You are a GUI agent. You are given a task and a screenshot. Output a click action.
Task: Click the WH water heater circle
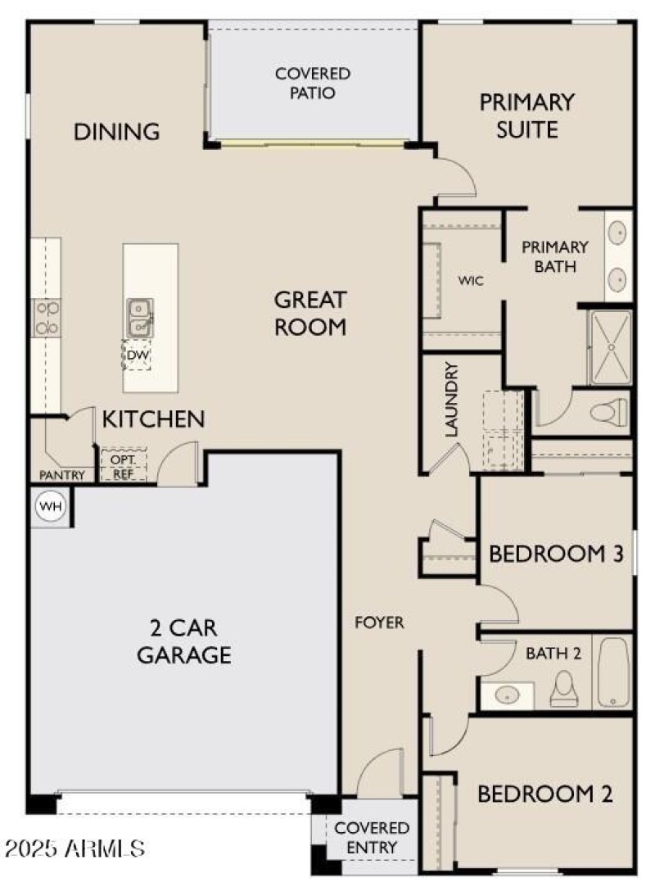click(51, 505)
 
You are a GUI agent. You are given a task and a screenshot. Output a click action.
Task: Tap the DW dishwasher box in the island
click(138, 355)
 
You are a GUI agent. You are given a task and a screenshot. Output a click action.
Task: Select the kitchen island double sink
click(139, 317)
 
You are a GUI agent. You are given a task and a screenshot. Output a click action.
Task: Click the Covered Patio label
click(313, 84)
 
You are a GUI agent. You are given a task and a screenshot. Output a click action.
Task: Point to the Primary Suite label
click(527, 116)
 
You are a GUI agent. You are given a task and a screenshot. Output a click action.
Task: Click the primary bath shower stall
click(610, 347)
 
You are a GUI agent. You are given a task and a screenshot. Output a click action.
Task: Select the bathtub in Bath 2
click(614, 672)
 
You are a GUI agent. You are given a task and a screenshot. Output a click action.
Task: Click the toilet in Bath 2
click(564, 688)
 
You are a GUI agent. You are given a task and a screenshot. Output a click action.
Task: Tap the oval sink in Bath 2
click(508, 695)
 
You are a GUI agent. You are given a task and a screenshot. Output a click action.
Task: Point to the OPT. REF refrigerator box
click(124, 466)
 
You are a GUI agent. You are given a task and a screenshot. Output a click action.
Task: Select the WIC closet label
click(471, 281)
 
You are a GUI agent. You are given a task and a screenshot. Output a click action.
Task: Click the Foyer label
click(380, 622)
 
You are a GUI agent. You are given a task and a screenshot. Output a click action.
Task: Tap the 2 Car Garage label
click(184, 641)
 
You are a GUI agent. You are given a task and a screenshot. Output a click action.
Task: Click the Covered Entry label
click(372, 838)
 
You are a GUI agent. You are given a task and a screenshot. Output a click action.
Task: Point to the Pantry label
click(61, 475)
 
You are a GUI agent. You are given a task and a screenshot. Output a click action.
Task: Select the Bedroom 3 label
click(556, 554)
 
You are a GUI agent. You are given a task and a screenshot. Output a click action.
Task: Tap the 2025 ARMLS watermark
click(75, 848)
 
